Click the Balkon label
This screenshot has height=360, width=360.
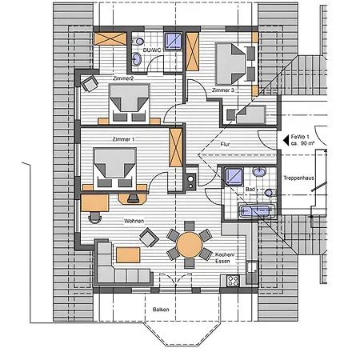(161, 310)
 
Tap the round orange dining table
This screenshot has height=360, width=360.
(190, 245)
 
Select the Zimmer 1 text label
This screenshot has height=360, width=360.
(123, 139)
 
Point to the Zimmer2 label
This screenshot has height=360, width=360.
(123, 78)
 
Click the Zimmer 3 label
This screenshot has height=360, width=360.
(223, 90)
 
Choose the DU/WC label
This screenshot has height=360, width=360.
(152, 50)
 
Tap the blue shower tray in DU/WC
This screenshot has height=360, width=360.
(173, 41)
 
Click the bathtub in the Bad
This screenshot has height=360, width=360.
(257, 211)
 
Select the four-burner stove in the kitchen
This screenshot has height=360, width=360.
(233, 281)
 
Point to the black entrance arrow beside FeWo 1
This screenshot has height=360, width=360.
(286, 140)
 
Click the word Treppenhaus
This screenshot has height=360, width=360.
(298, 178)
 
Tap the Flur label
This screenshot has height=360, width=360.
(225, 144)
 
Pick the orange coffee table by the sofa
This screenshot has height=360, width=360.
(128, 255)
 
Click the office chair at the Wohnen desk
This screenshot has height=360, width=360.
(95, 217)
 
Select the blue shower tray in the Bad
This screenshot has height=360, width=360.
(234, 176)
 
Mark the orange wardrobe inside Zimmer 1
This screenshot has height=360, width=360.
(176, 147)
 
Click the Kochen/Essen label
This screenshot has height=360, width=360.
(225, 258)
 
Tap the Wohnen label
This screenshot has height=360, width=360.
(134, 221)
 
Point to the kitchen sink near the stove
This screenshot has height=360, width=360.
(252, 268)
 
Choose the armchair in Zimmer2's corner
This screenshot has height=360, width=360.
(90, 83)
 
